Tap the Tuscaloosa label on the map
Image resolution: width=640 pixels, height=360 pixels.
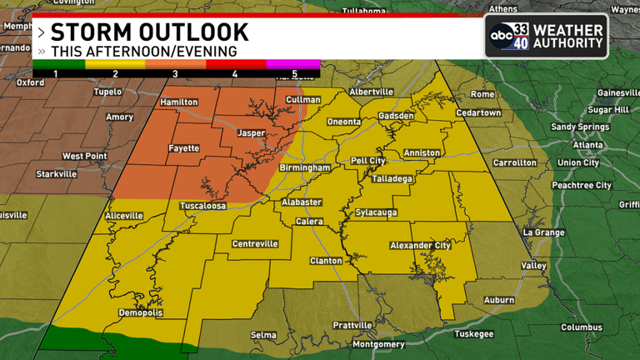(203, 206)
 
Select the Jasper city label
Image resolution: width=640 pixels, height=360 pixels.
(251, 132)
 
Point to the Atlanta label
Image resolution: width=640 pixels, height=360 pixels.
(587, 144)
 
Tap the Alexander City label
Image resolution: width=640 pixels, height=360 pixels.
(420, 245)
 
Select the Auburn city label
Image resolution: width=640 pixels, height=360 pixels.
(500, 298)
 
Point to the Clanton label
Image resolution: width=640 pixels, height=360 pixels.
(326, 261)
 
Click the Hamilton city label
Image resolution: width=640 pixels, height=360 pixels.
(179, 102)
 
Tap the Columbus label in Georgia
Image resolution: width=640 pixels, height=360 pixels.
(582, 327)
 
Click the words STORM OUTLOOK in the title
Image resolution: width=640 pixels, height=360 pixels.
(149, 32)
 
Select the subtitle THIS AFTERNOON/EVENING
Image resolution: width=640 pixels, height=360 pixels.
(143, 52)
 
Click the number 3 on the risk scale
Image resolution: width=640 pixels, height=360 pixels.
(175, 74)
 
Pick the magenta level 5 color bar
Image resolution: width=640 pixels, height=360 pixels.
(292, 63)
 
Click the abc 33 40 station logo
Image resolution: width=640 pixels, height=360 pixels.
(508, 36)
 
